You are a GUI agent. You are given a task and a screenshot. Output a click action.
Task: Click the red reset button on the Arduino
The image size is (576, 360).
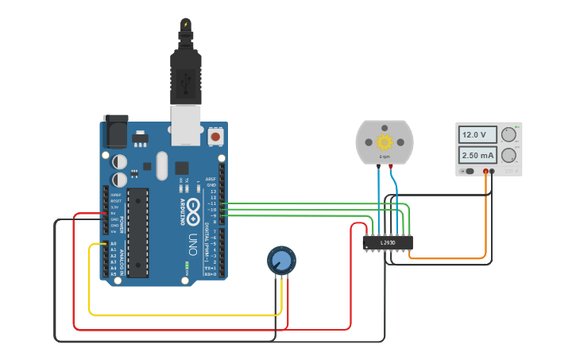point(215,137)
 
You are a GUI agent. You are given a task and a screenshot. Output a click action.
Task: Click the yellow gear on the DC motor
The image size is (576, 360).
point(385,142)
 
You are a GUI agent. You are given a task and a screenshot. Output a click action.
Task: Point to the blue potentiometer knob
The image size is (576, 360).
point(281,260)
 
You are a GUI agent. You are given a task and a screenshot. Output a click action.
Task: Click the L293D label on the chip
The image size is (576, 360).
point(388,242)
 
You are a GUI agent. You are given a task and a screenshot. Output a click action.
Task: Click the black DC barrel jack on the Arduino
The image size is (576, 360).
point(115,132)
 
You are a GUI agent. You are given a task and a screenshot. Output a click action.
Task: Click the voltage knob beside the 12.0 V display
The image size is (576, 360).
point(508,134)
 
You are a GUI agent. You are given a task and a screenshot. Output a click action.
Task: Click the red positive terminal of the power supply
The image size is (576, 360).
point(485,172)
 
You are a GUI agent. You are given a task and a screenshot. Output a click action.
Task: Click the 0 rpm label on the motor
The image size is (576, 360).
point(384,157)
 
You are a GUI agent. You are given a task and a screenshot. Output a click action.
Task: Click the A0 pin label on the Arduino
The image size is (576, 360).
point(113,244)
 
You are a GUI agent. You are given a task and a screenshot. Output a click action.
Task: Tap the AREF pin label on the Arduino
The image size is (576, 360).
point(211,180)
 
